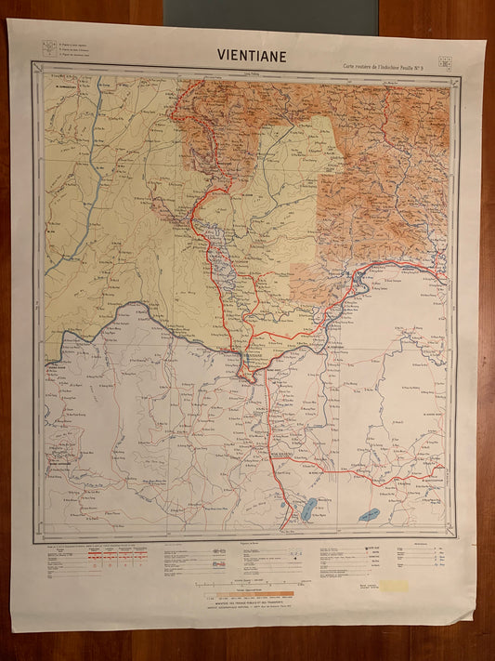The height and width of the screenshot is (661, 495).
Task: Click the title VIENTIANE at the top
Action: [252, 54]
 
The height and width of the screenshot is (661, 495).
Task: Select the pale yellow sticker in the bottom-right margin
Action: [392, 587]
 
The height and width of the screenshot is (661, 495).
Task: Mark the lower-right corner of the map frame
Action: [457, 541]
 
